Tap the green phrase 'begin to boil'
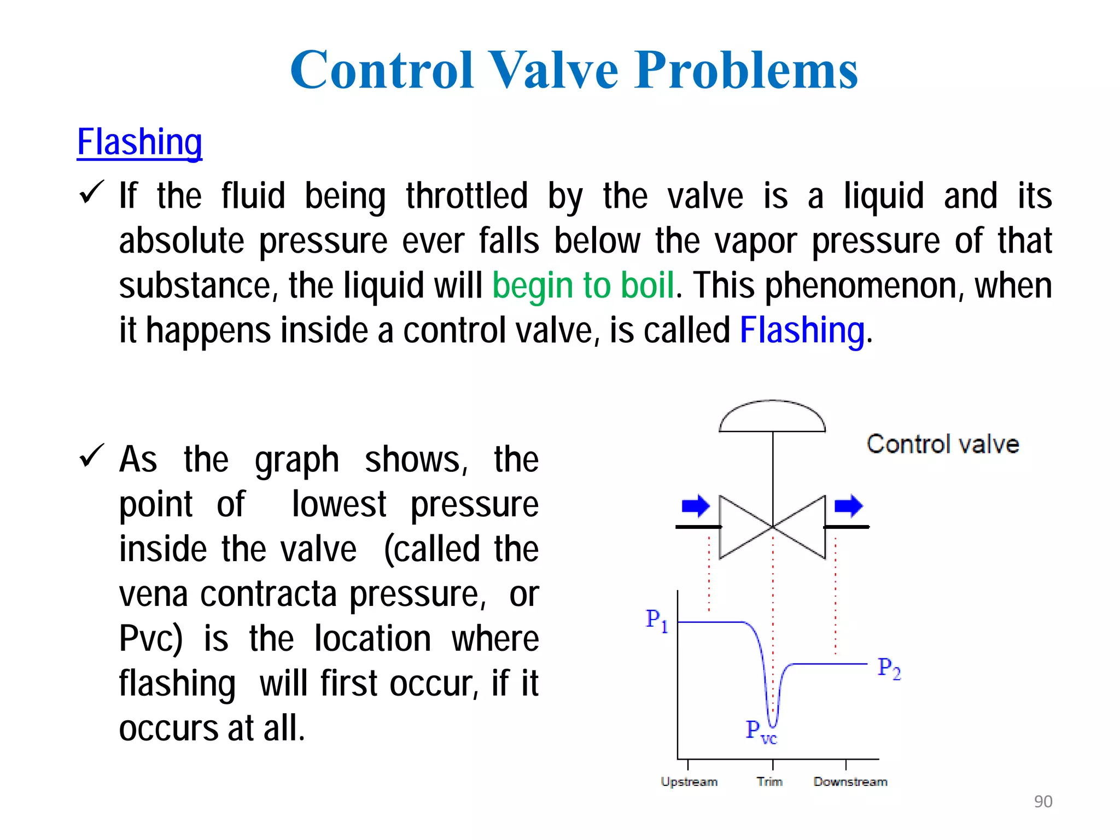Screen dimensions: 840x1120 pos(583,285)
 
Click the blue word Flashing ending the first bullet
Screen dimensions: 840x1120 pos(802,330)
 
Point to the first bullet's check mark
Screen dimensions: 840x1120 pos(91,192)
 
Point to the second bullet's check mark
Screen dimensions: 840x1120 pos(91,456)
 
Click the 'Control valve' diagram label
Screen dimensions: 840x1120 pos(943,444)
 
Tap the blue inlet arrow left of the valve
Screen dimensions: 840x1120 pos(696,506)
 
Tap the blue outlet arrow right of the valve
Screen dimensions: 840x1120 pos(848,506)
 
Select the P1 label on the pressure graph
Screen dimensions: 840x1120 pos(657,620)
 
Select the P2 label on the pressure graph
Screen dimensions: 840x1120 pos(889,668)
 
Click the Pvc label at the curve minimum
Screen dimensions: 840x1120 pos(761,731)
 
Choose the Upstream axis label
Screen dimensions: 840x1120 pos(689,781)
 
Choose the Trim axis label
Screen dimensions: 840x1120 pos(769,781)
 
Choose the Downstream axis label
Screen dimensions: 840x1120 pos(850,781)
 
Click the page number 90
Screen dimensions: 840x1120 pos(1043,801)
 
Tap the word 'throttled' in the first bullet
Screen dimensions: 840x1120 pos(466,196)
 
